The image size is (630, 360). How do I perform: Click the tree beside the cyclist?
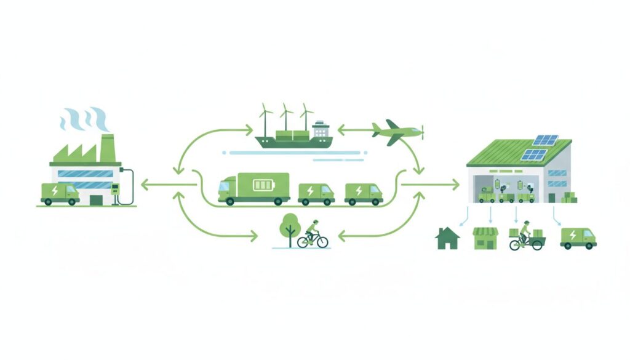(288, 227)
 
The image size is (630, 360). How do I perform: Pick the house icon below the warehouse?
(447, 238)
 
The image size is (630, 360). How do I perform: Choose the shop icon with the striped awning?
(485, 238)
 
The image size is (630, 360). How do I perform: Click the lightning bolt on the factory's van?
(55, 191)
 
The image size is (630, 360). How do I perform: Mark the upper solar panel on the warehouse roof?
(545, 140)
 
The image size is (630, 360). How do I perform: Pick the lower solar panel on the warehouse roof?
(533, 154)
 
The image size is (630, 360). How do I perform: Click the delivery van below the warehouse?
(578, 238)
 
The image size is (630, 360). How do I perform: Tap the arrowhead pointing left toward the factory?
(144, 183)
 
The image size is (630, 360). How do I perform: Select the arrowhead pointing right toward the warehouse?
(456, 183)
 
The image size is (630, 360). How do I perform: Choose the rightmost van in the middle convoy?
(363, 193)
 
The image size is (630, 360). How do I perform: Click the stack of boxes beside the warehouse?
(570, 197)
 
